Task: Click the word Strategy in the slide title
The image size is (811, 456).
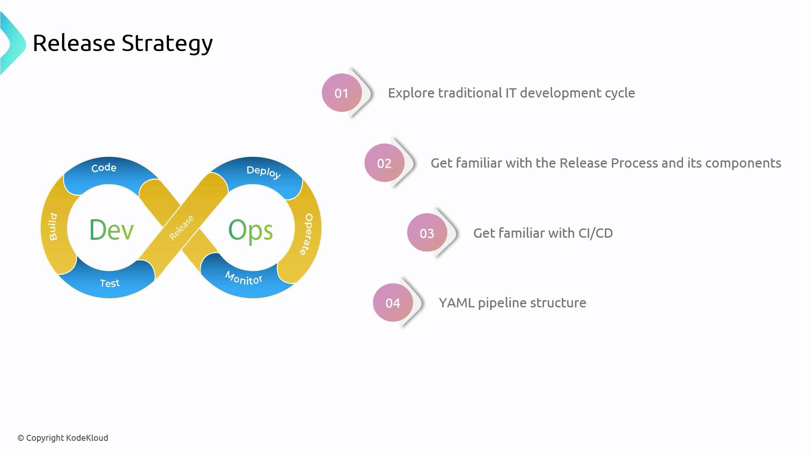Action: click(x=167, y=43)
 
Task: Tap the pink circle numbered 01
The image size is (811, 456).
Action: click(x=342, y=93)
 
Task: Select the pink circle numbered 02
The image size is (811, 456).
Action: click(x=384, y=163)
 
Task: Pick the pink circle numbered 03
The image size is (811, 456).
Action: click(x=427, y=233)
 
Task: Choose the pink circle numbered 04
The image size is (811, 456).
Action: click(x=393, y=303)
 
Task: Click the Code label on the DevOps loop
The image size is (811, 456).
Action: click(x=104, y=168)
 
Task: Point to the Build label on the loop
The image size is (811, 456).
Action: click(x=53, y=227)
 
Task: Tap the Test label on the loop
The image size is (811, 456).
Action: click(x=110, y=283)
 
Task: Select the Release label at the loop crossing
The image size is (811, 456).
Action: click(x=182, y=228)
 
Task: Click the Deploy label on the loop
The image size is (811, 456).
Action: click(x=264, y=172)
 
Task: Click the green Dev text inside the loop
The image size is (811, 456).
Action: click(x=112, y=230)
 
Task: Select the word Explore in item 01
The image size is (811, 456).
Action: click(x=411, y=93)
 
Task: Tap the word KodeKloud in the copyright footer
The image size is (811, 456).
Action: click(x=87, y=438)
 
